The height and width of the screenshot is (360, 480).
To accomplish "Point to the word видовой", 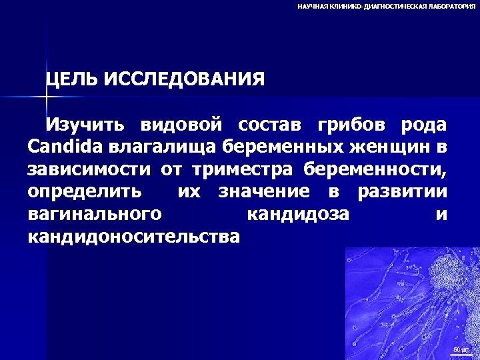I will click(x=180, y=125).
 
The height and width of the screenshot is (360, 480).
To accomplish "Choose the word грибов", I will click(x=351, y=125).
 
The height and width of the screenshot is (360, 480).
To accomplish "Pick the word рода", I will click(x=423, y=125).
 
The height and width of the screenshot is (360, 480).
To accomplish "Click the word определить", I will click(x=85, y=191).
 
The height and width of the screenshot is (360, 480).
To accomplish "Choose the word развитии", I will click(x=402, y=191).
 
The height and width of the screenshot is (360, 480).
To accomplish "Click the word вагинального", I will click(x=95, y=215).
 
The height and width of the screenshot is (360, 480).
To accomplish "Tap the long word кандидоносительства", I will click(x=133, y=237).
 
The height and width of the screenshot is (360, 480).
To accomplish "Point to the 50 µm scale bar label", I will click(x=461, y=349).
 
